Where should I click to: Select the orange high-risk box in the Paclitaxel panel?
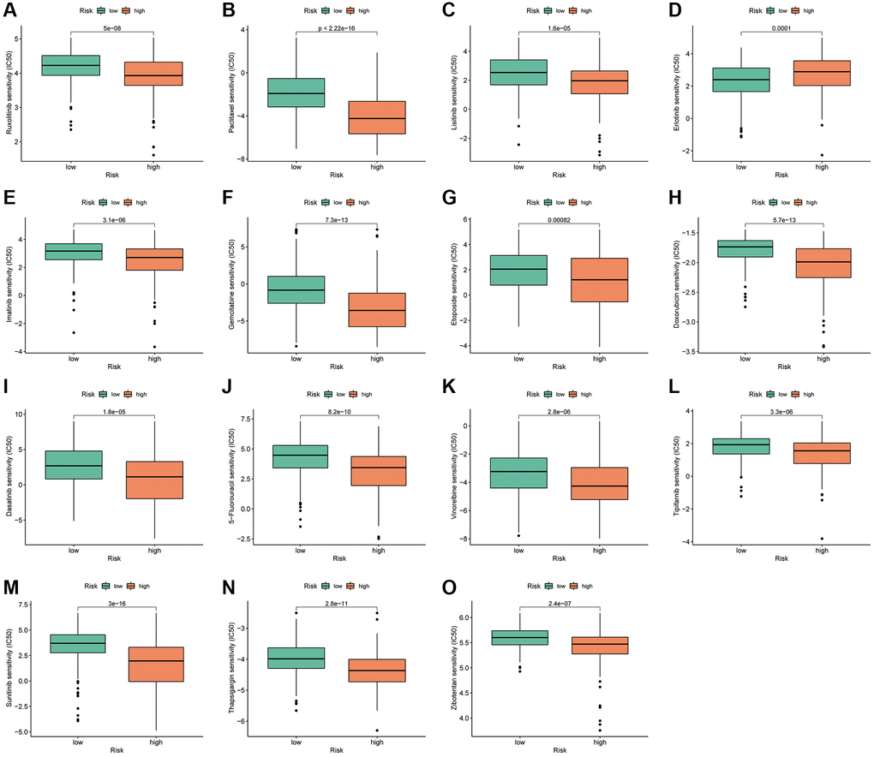(376, 117)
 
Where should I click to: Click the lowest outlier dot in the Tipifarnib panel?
(823, 539)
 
